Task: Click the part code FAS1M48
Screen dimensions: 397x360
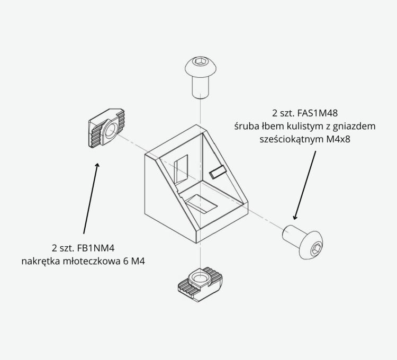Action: [317, 113]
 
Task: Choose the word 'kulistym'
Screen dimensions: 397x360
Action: [296, 126]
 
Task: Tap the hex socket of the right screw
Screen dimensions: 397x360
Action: [315, 248]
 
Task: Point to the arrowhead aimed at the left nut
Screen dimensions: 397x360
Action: [97, 165]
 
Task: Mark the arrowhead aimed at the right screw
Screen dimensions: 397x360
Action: [294, 217]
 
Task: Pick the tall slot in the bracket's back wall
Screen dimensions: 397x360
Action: [181, 169]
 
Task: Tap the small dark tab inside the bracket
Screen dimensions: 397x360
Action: [218, 172]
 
